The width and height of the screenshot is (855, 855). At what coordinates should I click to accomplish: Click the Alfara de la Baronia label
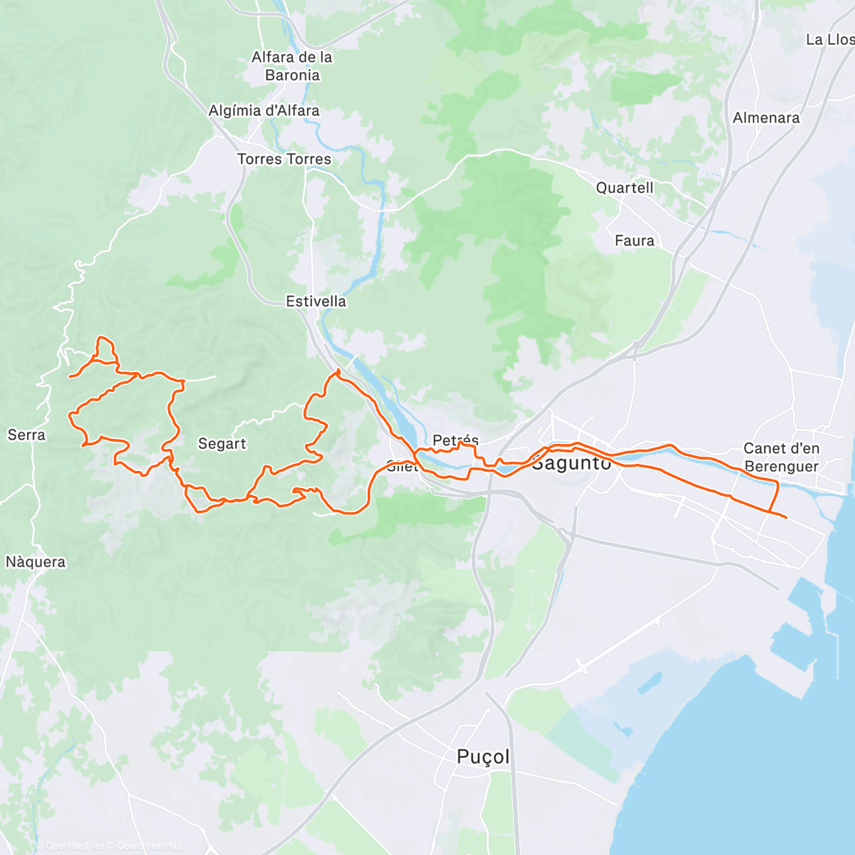click(x=292, y=66)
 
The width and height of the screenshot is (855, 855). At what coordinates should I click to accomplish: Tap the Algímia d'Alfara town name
click(x=264, y=111)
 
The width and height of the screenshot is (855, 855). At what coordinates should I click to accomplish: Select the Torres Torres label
click(x=284, y=160)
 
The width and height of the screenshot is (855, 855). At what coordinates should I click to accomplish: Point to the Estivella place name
click(x=316, y=301)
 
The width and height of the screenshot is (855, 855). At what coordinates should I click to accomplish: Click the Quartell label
click(x=624, y=188)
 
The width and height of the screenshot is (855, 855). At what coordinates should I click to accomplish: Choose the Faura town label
click(x=634, y=241)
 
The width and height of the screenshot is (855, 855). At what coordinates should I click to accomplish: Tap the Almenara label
click(x=766, y=118)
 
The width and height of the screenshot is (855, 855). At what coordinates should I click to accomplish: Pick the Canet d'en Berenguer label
click(x=781, y=457)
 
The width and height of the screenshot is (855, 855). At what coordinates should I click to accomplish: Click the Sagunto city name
click(x=571, y=463)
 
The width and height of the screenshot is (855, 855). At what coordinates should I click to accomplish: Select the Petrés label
click(x=455, y=440)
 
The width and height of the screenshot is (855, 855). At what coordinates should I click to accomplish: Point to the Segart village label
click(x=222, y=444)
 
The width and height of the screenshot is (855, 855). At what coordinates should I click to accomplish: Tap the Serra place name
click(x=26, y=435)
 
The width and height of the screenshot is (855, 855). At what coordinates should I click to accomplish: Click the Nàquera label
click(x=36, y=562)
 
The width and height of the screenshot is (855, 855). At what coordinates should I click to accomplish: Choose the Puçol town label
click(x=483, y=757)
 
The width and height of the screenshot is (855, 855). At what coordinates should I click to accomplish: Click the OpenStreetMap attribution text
click(x=149, y=846)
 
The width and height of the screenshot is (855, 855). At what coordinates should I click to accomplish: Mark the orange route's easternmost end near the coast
click(x=785, y=517)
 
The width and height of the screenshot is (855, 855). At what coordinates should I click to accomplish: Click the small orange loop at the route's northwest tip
click(x=105, y=348)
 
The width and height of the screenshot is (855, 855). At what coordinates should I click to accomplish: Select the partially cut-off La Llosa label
click(x=829, y=40)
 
